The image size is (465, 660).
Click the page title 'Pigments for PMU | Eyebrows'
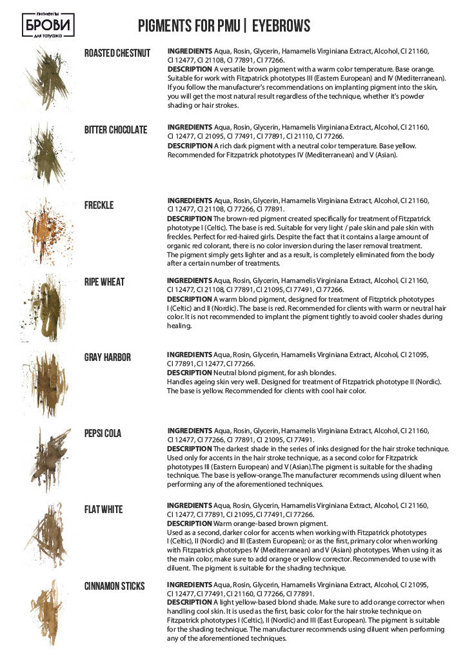[224, 26]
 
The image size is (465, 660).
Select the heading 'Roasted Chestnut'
[117, 53]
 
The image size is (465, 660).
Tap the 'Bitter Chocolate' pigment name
[116, 130]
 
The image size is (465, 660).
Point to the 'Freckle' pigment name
[99, 205]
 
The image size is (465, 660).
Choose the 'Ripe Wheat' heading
[104, 282]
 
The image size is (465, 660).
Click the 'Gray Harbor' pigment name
[108, 357]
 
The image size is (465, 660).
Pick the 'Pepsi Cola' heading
[103, 433]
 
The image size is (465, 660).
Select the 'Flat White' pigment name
[103, 510]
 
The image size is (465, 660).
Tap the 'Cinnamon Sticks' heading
[115, 586]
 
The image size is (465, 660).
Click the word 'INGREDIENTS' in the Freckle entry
[190, 200]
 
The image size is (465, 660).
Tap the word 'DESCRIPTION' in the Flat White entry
[189, 524]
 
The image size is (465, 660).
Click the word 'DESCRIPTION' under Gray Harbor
[189, 373]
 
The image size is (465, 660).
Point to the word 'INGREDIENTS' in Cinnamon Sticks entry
[190, 585]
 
